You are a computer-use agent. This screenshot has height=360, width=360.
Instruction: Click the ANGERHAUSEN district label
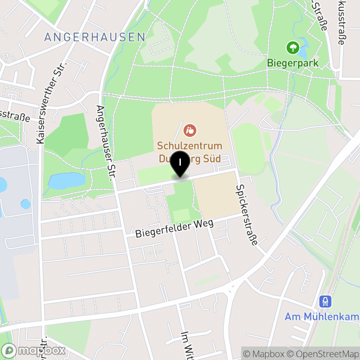[95, 37]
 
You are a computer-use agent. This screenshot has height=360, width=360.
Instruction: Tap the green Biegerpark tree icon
[293, 47]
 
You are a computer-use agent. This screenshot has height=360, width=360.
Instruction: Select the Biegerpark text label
[293, 63]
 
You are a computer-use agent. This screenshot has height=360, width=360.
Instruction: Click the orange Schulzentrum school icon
[190, 131]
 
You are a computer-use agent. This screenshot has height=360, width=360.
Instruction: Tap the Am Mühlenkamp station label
[322, 317]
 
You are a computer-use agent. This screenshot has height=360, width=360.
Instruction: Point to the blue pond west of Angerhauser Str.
[66, 180]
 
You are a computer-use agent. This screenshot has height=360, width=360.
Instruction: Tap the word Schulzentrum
[190, 146]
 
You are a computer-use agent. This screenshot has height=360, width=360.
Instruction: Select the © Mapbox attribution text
[265, 353]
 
